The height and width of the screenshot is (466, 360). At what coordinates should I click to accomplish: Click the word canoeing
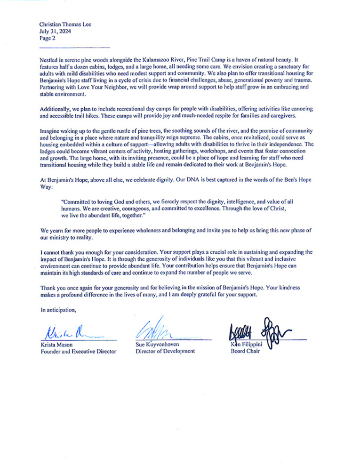[300, 109]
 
